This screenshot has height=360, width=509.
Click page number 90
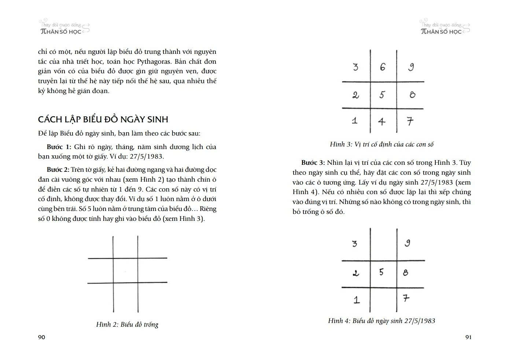click(41, 337)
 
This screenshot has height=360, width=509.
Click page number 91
click(468, 337)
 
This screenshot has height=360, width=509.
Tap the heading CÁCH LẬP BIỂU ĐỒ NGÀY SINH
click(103, 119)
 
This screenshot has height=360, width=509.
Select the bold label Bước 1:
click(59, 147)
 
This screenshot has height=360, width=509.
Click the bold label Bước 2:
click(58, 170)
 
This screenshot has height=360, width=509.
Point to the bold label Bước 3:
click(313, 163)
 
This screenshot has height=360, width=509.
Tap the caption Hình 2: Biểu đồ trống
click(127, 324)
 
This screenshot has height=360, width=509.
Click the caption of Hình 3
click(381, 144)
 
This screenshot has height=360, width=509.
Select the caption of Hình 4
click(381, 321)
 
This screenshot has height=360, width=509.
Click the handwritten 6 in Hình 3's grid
click(383, 67)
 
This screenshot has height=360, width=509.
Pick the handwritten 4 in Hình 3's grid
click(382, 121)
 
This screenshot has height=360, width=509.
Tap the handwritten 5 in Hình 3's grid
click(382, 95)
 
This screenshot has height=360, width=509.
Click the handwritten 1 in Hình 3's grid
click(354, 121)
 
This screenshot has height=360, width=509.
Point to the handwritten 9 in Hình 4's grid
click(407, 243)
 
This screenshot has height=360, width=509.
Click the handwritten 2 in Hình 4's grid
click(355, 273)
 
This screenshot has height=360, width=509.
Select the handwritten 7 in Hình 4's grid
click(406, 298)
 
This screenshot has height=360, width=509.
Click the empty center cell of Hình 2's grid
click(125, 270)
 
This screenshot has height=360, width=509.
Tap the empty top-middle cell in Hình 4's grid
click(383, 244)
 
